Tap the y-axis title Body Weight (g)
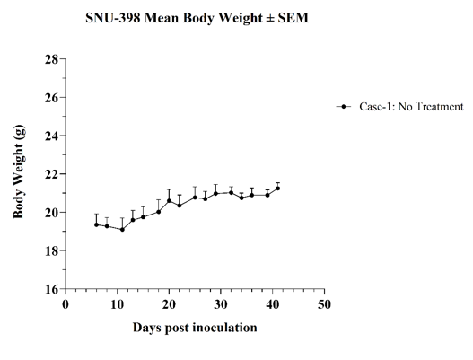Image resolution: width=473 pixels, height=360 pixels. (19, 171)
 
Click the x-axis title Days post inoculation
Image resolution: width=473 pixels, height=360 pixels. (195, 328)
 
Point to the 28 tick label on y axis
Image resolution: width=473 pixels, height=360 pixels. (51, 59)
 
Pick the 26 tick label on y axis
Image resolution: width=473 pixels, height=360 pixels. (51, 98)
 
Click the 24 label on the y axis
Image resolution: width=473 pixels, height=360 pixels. (51, 136)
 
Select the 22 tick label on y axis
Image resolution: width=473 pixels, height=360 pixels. (51, 174)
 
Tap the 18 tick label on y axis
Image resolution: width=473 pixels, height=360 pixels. (51, 250)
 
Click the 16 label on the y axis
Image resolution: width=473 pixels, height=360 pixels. (51, 289)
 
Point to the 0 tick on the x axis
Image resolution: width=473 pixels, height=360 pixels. (66, 304)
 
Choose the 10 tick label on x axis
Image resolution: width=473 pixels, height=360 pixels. (117, 304)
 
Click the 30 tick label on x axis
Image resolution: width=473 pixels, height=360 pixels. (221, 304)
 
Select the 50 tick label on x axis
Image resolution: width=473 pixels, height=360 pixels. (324, 304)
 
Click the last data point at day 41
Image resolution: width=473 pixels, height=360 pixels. (278, 189)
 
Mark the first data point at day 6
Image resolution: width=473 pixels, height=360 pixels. (97, 224)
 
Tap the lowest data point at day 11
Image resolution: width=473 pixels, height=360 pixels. (122, 229)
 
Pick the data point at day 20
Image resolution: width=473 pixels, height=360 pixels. (169, 201)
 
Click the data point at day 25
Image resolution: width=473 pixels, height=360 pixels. (195, 198)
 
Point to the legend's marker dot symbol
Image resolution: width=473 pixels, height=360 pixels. (343, 107)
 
